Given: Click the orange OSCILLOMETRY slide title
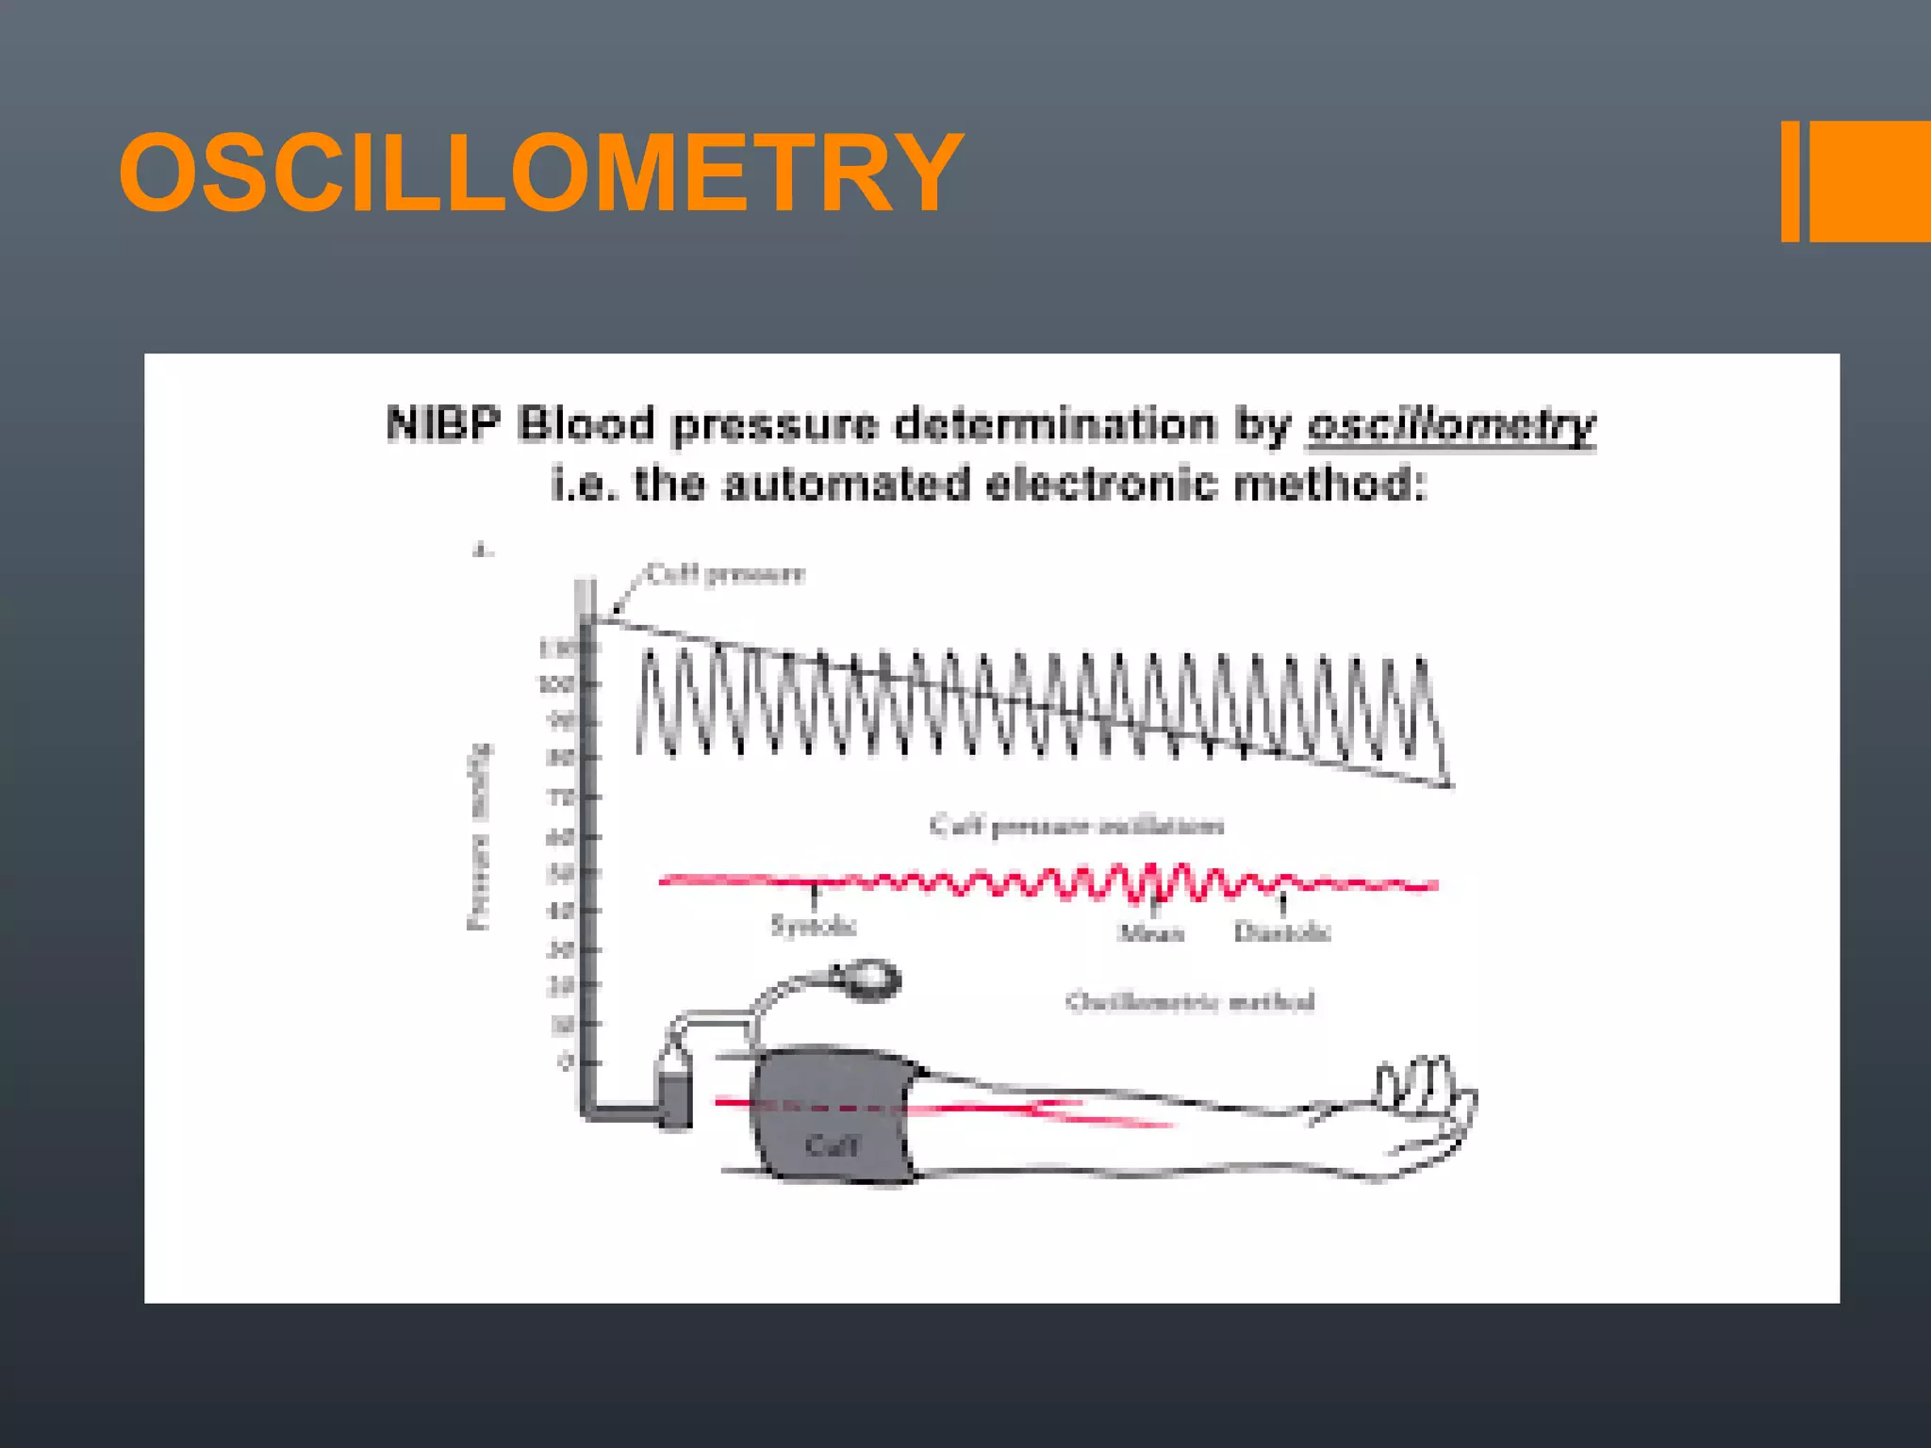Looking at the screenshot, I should tap(540, 173).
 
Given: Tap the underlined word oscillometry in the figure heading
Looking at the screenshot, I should tap(1451, 425).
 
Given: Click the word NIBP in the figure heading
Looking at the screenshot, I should tap(441, 423).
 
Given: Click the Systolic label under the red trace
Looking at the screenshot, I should tap(813, 926).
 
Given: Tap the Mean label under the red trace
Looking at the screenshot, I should tap(1150, 933).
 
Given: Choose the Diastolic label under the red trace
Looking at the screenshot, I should tap(1282, 932).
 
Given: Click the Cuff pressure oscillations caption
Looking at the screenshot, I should tap(1076, 827).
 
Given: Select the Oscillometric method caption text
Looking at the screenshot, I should tap(1190, 1001).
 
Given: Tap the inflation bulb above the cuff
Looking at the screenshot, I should tap(869, 980).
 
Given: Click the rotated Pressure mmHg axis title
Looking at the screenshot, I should tap(480, 837).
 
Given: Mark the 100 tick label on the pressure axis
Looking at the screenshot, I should tap(556, 683).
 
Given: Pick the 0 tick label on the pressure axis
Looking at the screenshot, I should tap(565, 1062).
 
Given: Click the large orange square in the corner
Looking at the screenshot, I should tap(1870, 181).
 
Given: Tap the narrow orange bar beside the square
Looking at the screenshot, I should tap(1790, 181).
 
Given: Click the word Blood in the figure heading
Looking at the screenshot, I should tap(586, 423).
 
